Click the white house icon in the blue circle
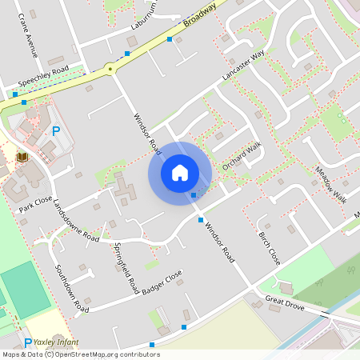tap(180, 172)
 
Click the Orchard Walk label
tap(242, 155)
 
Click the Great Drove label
tap(285, 302)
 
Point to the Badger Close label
tap(162, 282)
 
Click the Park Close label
tap(35, 204)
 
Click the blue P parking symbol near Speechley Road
tap(55, 130)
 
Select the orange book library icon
tap(22, 157)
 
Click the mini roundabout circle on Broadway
tap(110, 70)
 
